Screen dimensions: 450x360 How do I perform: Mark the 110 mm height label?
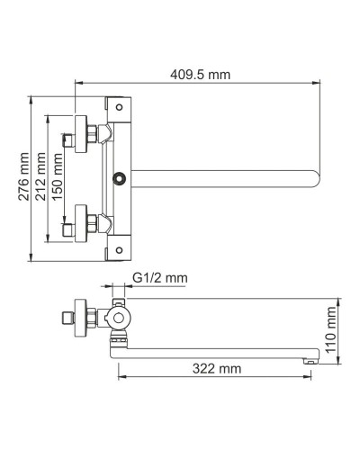point(331,328)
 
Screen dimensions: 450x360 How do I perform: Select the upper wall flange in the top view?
point(86,131)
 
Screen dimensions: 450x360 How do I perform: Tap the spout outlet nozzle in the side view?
point(308,357)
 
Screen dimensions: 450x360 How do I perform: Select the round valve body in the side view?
point(119,319)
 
